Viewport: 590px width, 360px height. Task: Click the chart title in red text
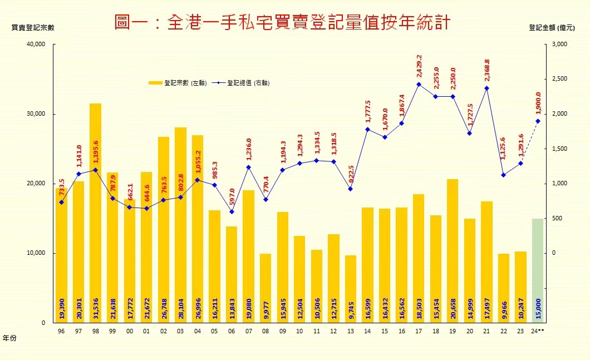pos(282,23)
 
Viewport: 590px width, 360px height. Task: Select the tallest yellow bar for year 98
pos(95,211)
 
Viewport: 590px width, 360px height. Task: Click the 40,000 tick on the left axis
pos(36,45)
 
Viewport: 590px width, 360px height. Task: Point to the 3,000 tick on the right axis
pos(558,45)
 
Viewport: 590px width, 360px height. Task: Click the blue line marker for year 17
pos(419,85)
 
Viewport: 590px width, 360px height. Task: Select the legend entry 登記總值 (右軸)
pos(248,83)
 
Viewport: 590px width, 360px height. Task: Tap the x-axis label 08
pos(265,332)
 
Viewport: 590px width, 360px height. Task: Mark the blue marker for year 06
pos(232,211)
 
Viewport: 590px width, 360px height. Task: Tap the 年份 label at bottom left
pos(9,338)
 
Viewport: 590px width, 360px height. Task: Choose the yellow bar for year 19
pos(453,250)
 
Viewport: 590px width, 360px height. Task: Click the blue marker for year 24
pos(538,121)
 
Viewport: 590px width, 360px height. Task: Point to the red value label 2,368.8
pos(487,72)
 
